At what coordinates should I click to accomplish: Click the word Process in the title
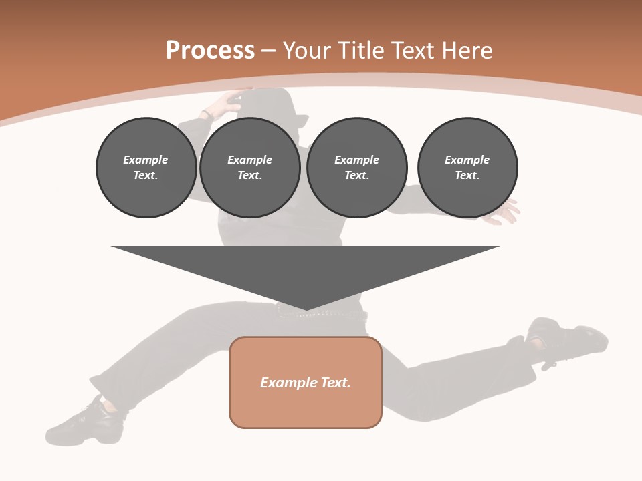tap(210, 51)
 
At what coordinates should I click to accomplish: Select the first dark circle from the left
tap(146, 168)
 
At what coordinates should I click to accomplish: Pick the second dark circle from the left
tap(249, 168)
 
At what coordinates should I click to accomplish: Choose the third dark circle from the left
tap(356, 168)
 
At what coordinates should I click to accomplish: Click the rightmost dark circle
tap(467, 168)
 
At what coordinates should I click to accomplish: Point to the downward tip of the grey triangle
tap(306, 309)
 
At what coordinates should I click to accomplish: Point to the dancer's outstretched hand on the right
tap(505, 212)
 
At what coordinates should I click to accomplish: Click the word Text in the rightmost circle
tap(467, 176)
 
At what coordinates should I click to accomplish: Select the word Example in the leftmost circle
tap(146, 160)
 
